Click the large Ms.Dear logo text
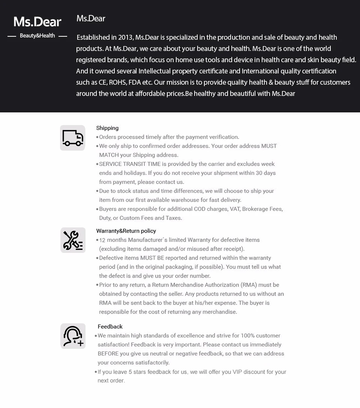pos(37,22)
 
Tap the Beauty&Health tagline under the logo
pos(37,36)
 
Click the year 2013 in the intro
pos(125,37)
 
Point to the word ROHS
pos(117,82)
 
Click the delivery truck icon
pos(73,138)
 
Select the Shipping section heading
pos(107,128)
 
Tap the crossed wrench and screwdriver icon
pos(73,240)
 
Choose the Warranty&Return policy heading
pos(126,231)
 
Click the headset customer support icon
pos(73,336)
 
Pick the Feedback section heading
pos(110,327)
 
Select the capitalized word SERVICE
pos(110,164)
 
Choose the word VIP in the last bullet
pos(238,372)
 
